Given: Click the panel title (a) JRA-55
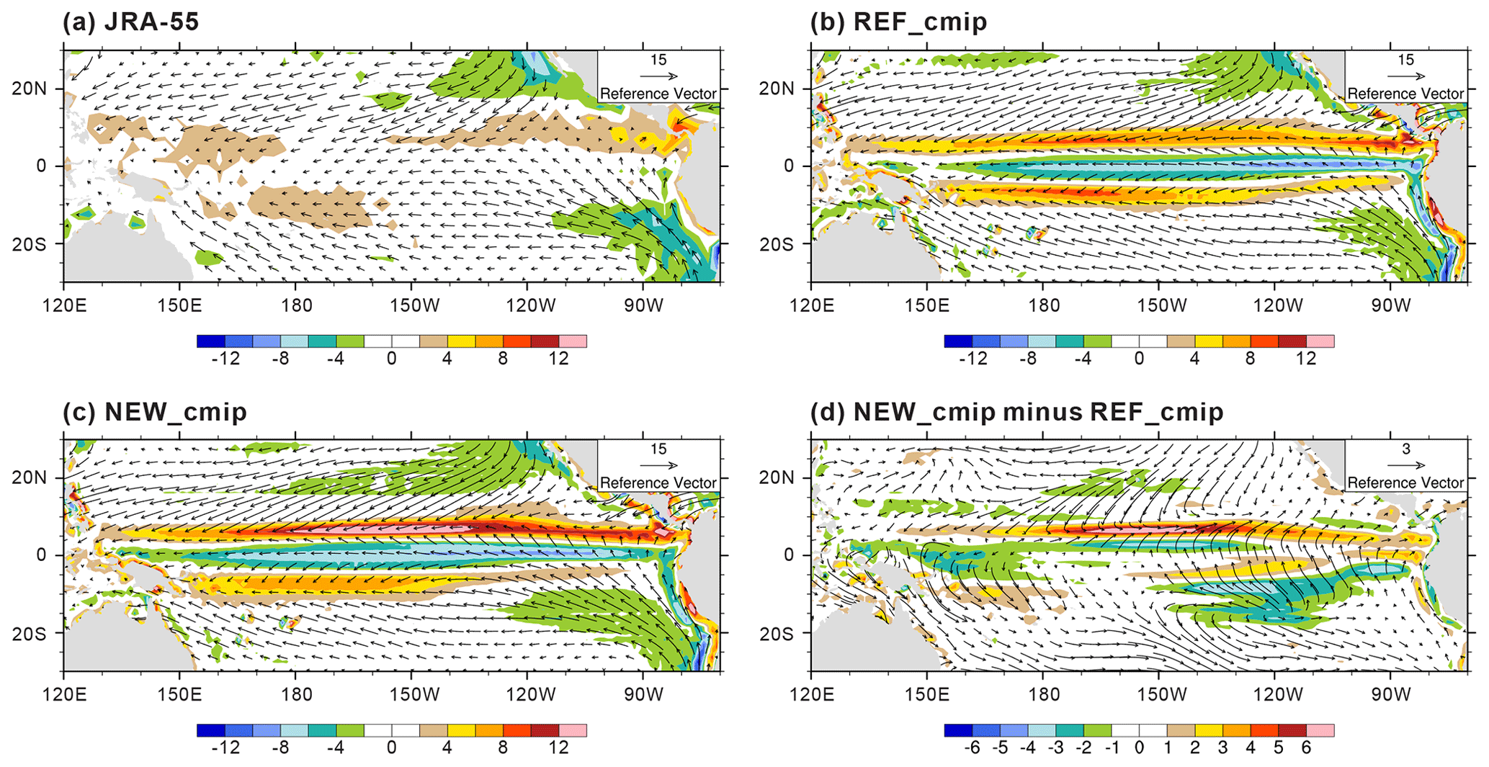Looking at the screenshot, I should coord(130,22).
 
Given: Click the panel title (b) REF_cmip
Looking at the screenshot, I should coord(898,22).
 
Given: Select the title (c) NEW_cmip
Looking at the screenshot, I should coord(154,412).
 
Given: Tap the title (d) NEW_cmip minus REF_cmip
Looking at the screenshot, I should coord(1016,412).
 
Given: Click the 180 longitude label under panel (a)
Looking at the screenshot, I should coord(296,305).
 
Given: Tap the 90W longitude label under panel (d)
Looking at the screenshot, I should coord(1390,695).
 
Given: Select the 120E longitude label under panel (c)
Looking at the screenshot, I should coord(64,695).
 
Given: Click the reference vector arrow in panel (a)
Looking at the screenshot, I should coord(658,76).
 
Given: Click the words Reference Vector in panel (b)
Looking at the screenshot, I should coord(1405,94).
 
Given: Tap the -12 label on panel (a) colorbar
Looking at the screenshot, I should coord(225,358).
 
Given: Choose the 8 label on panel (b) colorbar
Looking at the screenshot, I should coord(1250,358).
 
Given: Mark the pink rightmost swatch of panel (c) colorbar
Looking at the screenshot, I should coord(573,730).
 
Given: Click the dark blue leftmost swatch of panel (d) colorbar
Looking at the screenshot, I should coord(958,730).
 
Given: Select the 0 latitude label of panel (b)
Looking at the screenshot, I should coord(788,166).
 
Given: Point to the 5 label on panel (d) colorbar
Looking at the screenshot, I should coord(1278,748).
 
